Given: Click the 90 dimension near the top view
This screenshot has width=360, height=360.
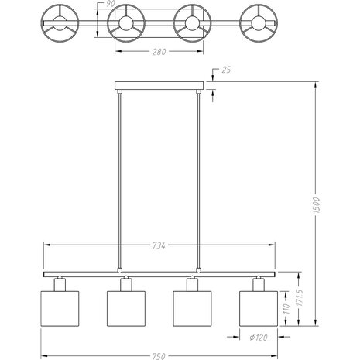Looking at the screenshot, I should pos(111,5).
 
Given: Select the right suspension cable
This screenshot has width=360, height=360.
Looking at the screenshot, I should pos(200,178).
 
